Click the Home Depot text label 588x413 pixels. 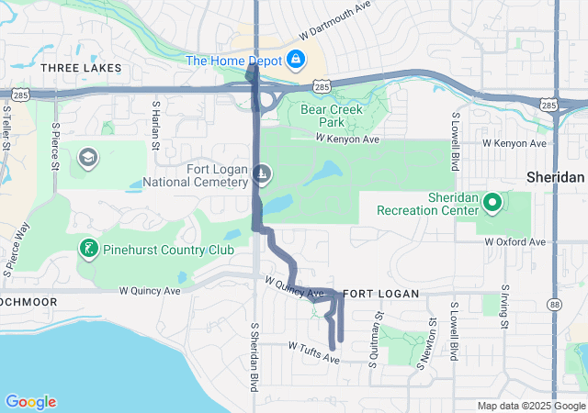click(234, 61)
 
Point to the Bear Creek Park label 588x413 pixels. click(332, 116)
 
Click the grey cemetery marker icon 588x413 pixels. click(262, 173)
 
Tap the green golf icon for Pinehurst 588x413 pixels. click(87, 248)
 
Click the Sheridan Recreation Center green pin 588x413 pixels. click(492, 202)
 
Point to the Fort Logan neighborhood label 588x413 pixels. click(380, 294)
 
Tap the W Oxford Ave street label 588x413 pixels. click(514, 242)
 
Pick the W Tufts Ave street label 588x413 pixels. click(313, 352)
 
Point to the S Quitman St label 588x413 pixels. click(376, 320)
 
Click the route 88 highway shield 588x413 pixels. click(555, 303)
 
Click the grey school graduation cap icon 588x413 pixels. click(87, 158)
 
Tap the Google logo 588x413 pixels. click(30, 402)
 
